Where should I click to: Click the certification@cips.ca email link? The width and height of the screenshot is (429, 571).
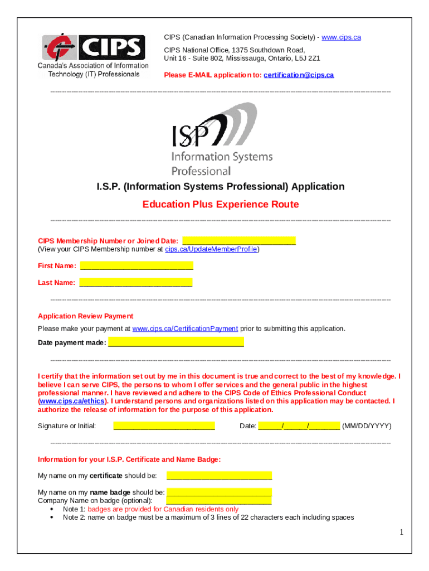pos(299,75)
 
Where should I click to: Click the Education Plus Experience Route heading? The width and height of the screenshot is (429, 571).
pos(221,204)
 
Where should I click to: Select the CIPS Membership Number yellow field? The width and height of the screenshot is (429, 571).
pos(239,241)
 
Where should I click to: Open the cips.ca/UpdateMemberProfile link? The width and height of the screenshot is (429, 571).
pos(211,249)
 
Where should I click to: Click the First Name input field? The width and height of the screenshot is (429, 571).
pos(136,265)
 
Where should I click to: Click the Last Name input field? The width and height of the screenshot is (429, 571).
pos(136,282)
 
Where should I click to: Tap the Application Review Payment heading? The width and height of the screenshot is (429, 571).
pos(85,316)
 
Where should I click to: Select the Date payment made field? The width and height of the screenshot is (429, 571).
pos(176,342)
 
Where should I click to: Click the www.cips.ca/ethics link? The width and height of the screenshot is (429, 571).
pos(71,401)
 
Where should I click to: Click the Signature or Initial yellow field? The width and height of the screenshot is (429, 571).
pos(164,426)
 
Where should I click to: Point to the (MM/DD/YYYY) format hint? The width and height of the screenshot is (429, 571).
pos(367,426)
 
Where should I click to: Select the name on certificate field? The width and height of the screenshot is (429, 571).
pos(219,476)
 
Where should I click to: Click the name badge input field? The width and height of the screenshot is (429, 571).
pos(219,492)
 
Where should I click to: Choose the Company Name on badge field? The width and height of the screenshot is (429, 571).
pos(219,501)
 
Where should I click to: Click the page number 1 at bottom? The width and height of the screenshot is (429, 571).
pos(401,533)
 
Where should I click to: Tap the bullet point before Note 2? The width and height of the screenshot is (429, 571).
pos(52,517)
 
